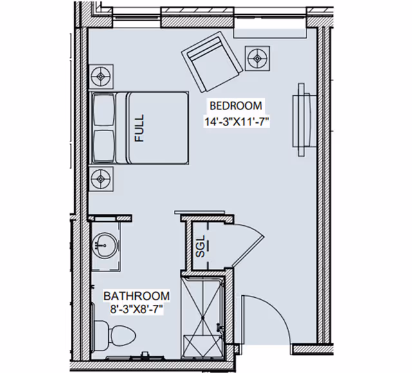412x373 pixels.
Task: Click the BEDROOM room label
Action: (x=235, y=106)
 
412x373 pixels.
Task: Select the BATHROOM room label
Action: (x=137, y=296)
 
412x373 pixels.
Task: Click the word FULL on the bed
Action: (x=140, y=128)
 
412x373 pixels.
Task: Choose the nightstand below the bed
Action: (x=102, y=177)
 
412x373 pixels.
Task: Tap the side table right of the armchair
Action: (x=258, y=58)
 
